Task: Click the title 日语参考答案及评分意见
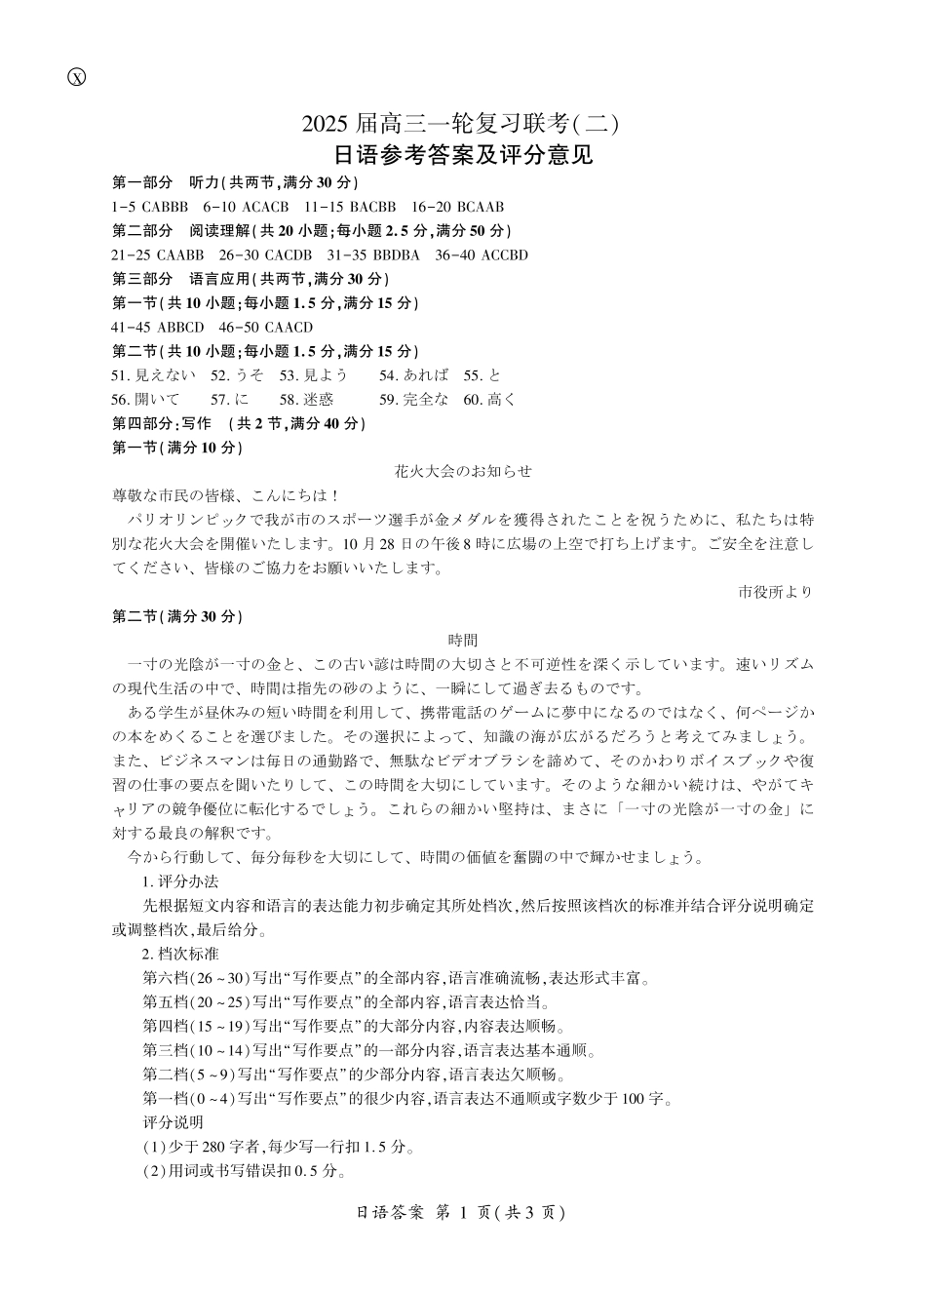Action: tap(463, 155)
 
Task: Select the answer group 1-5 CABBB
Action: tap(150, 207)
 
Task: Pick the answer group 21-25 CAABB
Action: tap(158, 255)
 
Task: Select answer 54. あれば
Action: tap(414, 375)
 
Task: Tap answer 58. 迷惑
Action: tap(307, 400)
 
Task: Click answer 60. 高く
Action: tap(490, 400)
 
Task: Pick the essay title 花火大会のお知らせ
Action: tap(463, 471)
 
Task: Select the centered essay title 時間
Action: tap(463, 641)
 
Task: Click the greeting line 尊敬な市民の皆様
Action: tap(225, 495)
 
